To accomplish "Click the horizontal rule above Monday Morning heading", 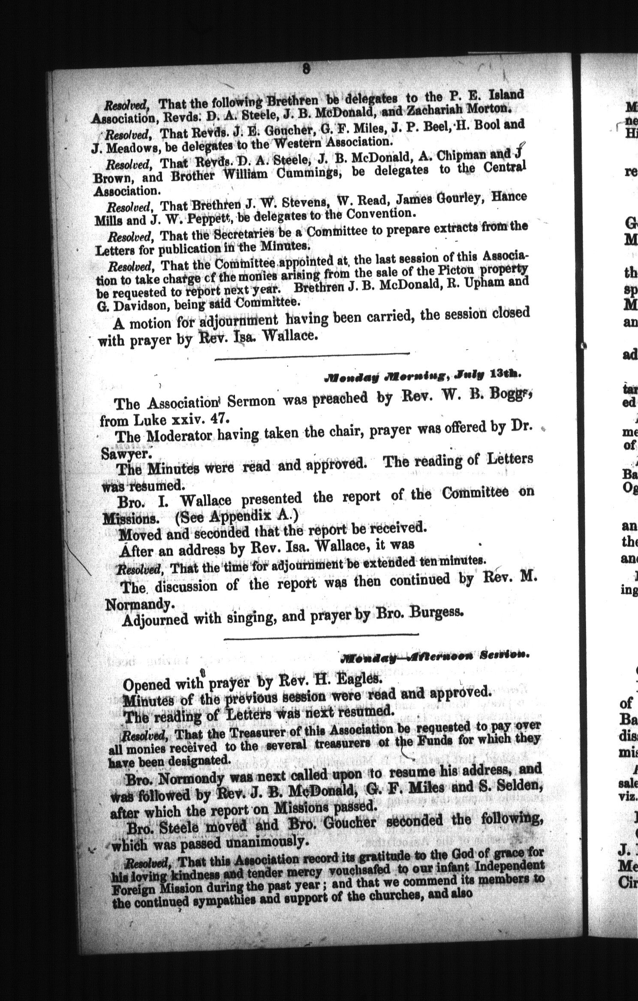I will click(312, 354).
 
